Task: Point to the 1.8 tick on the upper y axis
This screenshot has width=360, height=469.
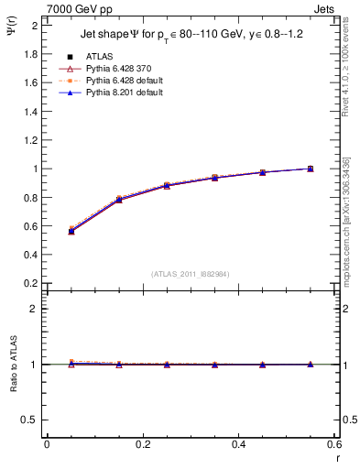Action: (31, 54)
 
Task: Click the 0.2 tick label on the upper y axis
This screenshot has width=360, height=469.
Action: (31, 283)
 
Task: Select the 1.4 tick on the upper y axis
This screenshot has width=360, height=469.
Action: (31, 111)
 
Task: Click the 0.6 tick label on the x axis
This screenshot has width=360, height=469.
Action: (334, 445)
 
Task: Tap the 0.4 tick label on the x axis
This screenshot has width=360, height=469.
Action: (238, 445)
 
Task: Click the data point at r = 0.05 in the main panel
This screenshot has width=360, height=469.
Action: (71, 231)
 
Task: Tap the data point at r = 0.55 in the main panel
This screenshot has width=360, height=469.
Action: (311, 169)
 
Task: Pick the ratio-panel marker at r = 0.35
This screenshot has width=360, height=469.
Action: (214, 365)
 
